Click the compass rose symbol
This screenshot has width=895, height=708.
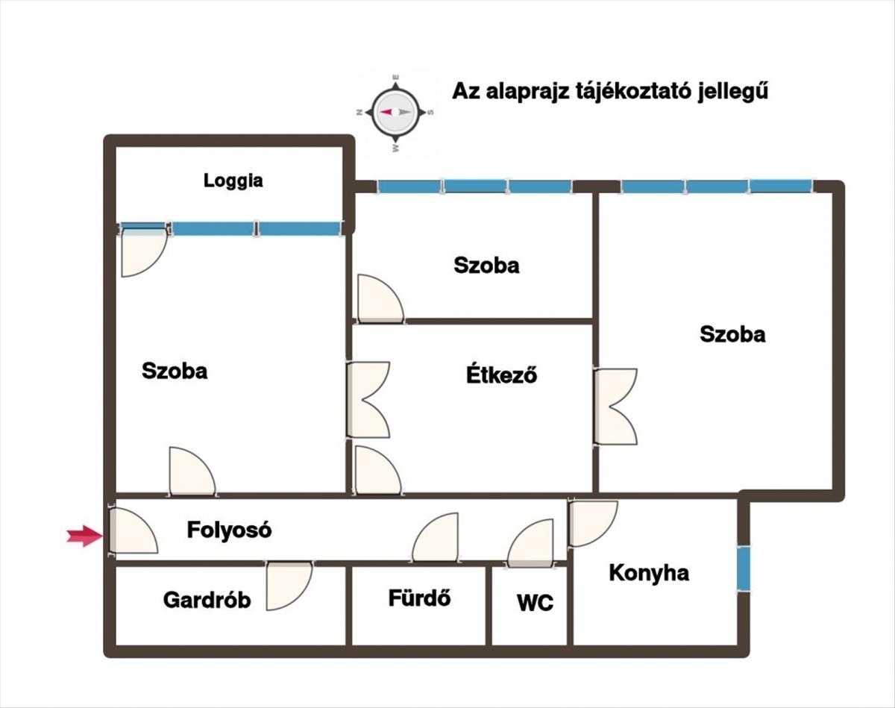point(395,111)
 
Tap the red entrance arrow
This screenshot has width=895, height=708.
point(84,534)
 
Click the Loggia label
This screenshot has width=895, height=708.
point(233,181)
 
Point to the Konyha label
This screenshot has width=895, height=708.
point(649,573)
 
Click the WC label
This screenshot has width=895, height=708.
point(536,602)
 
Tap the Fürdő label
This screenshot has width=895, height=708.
point(419,598)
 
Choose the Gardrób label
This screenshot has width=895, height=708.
point(207,600)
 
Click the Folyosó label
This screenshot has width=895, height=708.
point(229,530)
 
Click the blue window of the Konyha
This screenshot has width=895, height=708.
point(744,568)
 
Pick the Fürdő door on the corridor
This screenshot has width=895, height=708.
point(436,538)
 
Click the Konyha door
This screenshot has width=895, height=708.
point(592,522)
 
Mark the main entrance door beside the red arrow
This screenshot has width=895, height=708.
point(133,531)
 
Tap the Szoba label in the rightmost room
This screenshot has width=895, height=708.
point(732,334)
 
